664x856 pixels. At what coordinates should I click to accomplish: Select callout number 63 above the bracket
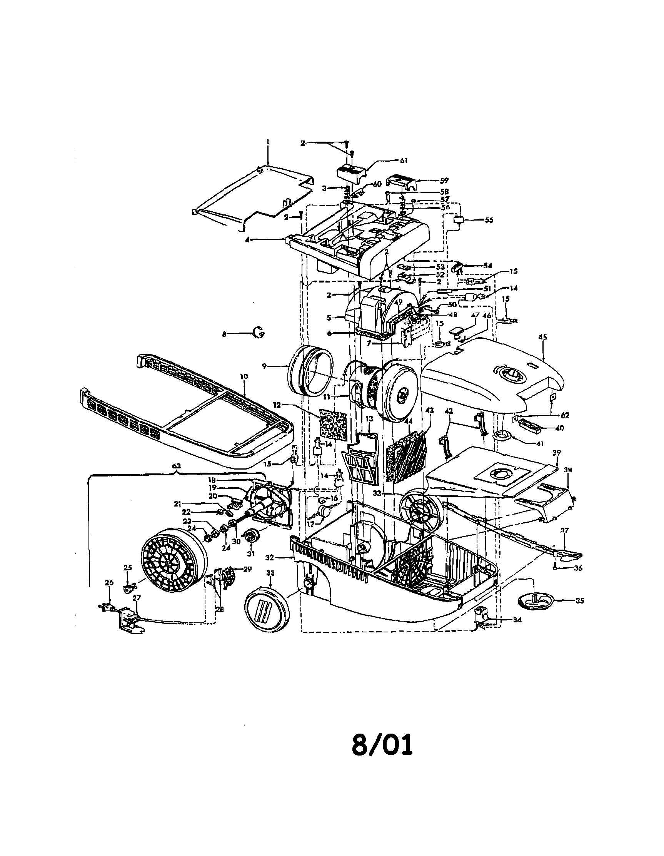[177, 466]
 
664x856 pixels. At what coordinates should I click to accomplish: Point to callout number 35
[580, 600]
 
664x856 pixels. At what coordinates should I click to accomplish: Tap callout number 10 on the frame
[244, 376]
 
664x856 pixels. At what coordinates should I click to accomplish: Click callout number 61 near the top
[404, 161]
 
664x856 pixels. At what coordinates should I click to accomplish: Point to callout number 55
[489, 220]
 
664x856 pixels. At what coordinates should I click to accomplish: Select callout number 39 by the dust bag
[556, 453]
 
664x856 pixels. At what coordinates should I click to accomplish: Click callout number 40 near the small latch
[560, 428]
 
